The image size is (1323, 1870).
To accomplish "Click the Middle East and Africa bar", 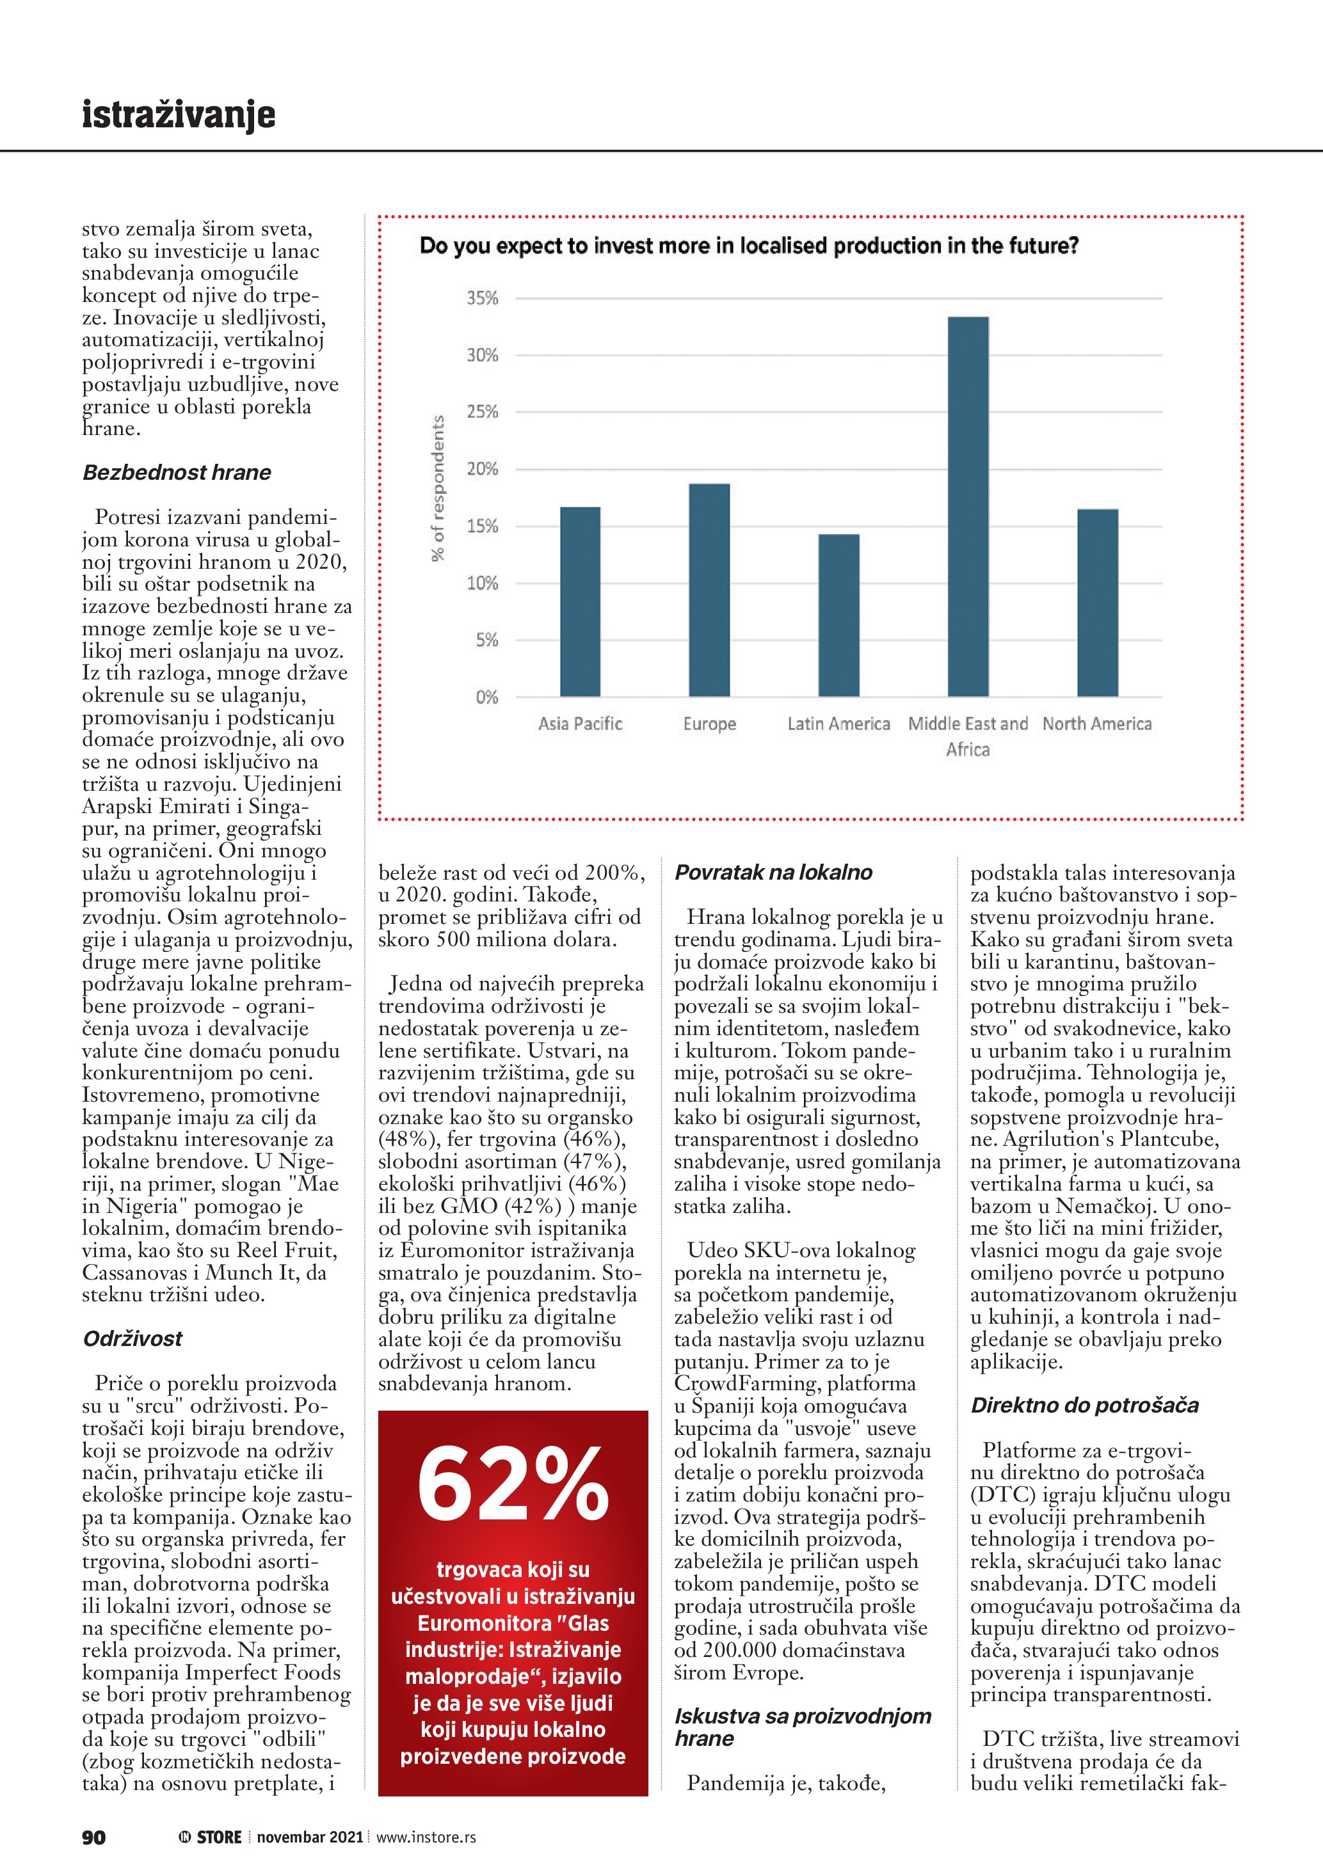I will (x=968, y=507).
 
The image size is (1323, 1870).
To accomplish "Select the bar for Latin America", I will (x=838, y=615).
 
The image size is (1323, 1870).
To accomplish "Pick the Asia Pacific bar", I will (x=580, y=601).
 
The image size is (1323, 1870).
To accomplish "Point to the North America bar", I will (x=1097, y=602).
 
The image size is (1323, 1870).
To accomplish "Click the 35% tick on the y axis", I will (x=482, y=298).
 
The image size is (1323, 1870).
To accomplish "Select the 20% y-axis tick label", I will (x=482, y=469).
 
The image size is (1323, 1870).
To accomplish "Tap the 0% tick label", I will (x=486, y=697).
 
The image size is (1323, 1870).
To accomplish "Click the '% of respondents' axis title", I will (x=438, y=488).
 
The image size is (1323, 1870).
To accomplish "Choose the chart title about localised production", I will (x=749, y=246).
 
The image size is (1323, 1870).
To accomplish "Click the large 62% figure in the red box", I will (x=513, y=1484).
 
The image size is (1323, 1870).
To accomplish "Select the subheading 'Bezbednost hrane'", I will (x=177, y=472).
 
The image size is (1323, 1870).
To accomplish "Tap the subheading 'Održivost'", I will (x=132, y=1338).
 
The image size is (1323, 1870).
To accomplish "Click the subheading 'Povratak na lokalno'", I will (x=773, y=872).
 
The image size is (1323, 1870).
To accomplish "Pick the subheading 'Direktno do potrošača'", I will (x=1084, y=1405).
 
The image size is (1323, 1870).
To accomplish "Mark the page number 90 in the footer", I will (x=93, y=1837).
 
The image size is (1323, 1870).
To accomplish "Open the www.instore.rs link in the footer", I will (x=426, y=1837).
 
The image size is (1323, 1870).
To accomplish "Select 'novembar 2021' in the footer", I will (x=310, y=1837).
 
